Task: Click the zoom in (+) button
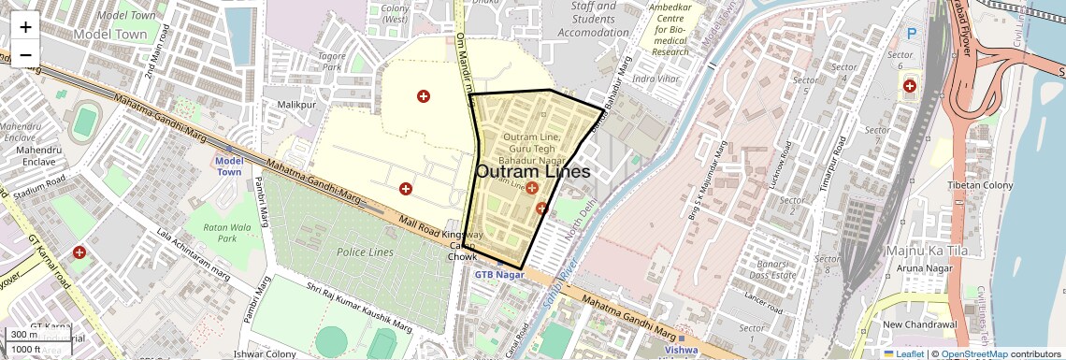pyautogui.click(x=25, y=26)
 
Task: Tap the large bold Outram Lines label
pyautogui.click(x=533, y=172)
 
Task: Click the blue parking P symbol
pyautogui.click(x=912, y=34)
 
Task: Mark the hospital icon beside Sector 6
pyautogui.click(x=909, y=86)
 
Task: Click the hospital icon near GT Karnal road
pyautogui.click(x=79, y=252)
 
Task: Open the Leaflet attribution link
pyautogui.click(x=903, y=353)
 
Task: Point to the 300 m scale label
pyautogui.click(x=24, y=335)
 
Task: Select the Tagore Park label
pyautogui.click(x=332, y=61)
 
